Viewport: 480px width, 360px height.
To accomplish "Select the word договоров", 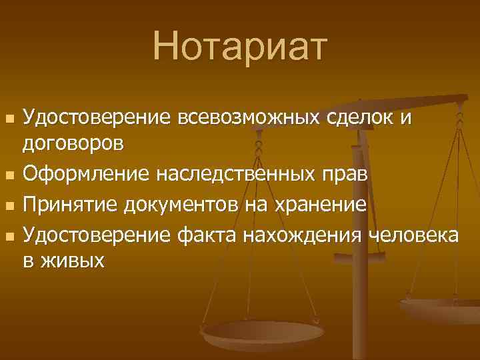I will [73, 143].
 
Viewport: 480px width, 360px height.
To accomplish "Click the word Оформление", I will [87, 175].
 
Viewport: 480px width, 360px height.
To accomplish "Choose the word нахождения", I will [300, 236].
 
